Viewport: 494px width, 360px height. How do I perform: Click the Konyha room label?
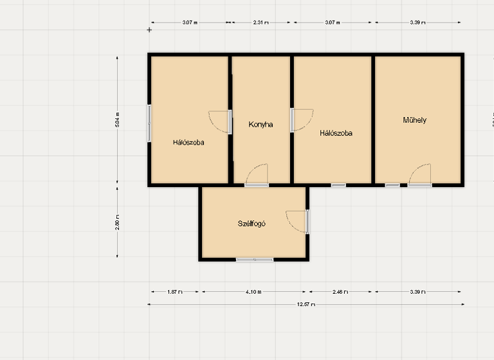click(x=261, y=125)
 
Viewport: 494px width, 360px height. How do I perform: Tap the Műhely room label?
click(x=415, y=120)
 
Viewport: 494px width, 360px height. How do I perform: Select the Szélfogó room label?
click(x=252, y=224)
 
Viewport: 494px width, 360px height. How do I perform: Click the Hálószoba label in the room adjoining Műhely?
click(x=336, y=134)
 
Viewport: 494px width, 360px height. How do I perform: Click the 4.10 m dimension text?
click(x=254, y=292)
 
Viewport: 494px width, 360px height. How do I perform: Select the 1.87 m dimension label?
click(x=174, y=292)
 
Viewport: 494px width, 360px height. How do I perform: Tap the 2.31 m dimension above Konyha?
click(x=261, y=22)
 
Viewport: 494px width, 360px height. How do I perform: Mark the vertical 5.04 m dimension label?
click(x=117, y=120)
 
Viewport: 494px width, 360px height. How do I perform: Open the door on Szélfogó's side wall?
click(x=297, y=221)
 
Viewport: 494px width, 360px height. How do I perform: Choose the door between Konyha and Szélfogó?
click(x=257, y=175)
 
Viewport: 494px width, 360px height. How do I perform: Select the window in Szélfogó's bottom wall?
click(x=255, y=260)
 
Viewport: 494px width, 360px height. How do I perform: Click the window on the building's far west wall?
click(x=150, y=123)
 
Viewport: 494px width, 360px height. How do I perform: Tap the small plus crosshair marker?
click(x=150, y=30)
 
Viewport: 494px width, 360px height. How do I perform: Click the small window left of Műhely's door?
click(x=392, y=185)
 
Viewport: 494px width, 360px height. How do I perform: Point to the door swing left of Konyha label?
click(x=220, y=122)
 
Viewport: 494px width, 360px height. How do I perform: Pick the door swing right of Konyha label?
click(x=301, y=120)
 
